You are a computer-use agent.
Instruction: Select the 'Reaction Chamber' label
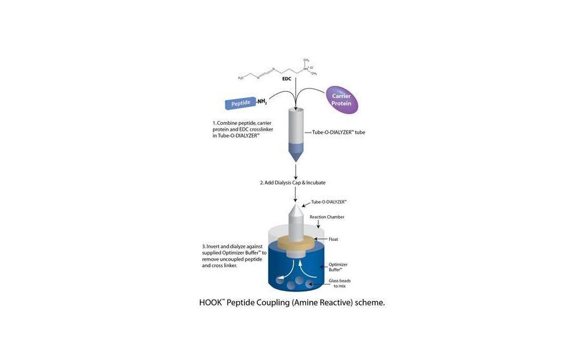pos(327,217)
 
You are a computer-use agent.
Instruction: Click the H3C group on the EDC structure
pos(241,78)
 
